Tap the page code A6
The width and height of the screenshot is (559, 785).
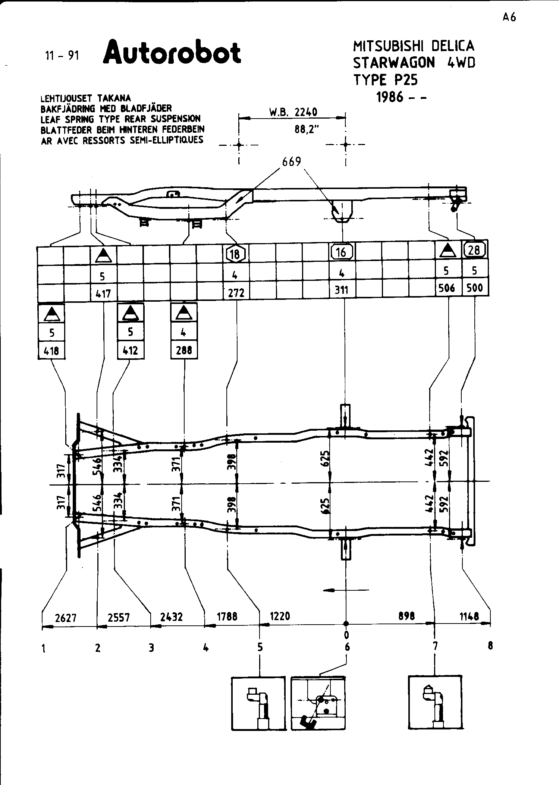[509, 18]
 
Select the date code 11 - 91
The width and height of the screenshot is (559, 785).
[62, 56]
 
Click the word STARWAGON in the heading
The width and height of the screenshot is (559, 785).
[394, 63]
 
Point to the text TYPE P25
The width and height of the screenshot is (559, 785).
[385, 80]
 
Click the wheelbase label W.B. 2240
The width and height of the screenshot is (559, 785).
[293, 112]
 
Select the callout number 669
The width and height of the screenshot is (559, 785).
[292, 162]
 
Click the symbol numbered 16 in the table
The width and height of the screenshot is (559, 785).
[341, 252]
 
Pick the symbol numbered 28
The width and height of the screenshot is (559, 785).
[474, 249]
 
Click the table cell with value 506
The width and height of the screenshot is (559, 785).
[447, 288]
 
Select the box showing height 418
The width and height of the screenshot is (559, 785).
[51, 351]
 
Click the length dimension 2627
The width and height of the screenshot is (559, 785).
[66, 618]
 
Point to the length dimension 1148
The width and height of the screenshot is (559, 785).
[469, 616]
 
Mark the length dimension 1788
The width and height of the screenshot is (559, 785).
[227, 616]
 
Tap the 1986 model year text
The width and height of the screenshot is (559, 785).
[401, 97]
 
